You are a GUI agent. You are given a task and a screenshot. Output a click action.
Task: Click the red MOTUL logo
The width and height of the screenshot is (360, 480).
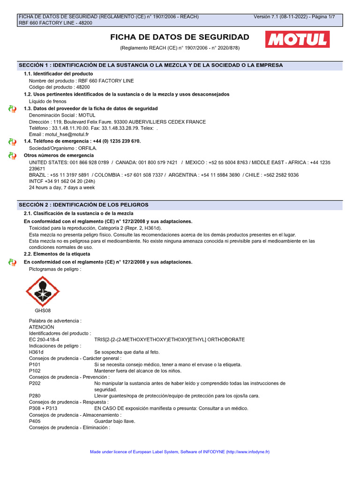296,40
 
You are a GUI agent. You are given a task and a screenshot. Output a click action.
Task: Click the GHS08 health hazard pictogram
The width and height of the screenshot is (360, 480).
42,291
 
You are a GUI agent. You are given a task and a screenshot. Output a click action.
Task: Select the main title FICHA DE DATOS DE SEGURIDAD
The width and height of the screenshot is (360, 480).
180,37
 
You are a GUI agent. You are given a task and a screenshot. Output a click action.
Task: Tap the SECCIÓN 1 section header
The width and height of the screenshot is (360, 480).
150,65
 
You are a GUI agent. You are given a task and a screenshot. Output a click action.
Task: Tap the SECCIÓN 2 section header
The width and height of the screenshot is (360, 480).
83,205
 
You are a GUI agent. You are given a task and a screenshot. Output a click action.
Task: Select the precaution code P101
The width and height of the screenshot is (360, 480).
35,364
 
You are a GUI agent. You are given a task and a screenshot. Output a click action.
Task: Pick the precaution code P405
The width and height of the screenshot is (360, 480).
35,421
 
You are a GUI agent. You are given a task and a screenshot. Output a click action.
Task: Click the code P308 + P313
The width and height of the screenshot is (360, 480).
43,408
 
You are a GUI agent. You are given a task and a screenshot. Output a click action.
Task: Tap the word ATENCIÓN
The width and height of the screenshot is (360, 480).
42,327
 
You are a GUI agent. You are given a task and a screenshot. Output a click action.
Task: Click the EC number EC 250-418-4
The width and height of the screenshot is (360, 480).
44,339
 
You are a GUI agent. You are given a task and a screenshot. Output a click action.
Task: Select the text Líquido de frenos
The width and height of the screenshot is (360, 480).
48,101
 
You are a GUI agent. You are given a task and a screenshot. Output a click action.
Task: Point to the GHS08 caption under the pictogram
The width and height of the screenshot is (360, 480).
43,310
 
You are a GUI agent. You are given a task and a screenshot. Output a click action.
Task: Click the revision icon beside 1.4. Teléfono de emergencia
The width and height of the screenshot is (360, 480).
12,142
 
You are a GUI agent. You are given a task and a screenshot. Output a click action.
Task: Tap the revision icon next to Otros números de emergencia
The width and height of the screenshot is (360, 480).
12,156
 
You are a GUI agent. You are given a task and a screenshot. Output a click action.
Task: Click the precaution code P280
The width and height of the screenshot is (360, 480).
35,396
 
